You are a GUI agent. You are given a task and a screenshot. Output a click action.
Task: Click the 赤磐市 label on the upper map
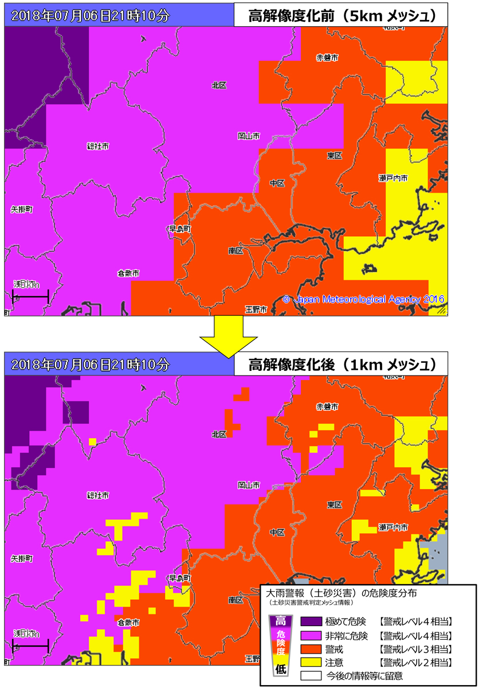pos(327,57)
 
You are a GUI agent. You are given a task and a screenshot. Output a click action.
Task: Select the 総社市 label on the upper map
pos(97,146)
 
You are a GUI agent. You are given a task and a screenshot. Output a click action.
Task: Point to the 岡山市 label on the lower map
pos(249,485)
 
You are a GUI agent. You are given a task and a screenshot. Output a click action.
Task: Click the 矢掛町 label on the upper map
pos(22,210)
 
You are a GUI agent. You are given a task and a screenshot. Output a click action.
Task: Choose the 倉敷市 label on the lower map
pos(128,622)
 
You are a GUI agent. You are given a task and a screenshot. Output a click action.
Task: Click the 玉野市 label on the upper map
pos(256,310)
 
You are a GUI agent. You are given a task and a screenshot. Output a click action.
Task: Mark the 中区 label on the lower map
pos(277,533)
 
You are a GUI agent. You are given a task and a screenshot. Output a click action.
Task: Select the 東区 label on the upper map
pos(335,156)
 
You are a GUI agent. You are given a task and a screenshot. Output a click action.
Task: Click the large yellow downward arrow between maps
pos(227,334)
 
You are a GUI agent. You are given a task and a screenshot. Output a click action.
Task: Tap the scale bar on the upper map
pos(30,296)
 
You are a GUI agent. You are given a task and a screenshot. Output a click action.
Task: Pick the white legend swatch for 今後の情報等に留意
pos(315,676)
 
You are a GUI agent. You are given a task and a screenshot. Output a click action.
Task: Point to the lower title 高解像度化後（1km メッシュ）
pos(340,364)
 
